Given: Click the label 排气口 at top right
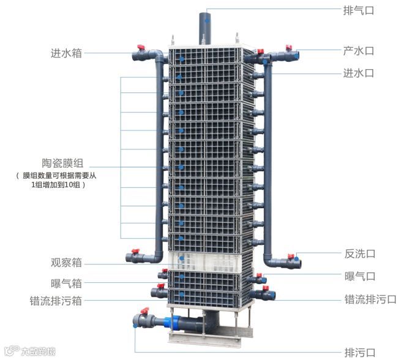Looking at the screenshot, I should click(x=359, y=10).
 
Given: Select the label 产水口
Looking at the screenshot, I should click(x=359, y=51).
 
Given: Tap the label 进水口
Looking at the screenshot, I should click(x=359, y=73).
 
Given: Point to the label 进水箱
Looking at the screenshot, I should click(x=66, y=53).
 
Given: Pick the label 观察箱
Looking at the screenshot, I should click(x=66, y=263).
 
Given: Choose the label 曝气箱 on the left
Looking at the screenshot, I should click(x=66, y=283).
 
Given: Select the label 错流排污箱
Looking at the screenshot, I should click(x=56, y=301).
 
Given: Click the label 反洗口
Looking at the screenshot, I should click(x=360, y=253).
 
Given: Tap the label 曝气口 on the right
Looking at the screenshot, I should click(x=360, y=277).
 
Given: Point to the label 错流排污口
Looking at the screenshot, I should click(x=370, y=299).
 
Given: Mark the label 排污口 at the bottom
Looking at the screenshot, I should click(x=360, y=352).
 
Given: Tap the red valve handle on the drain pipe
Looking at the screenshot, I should click(x=145, y=312).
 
